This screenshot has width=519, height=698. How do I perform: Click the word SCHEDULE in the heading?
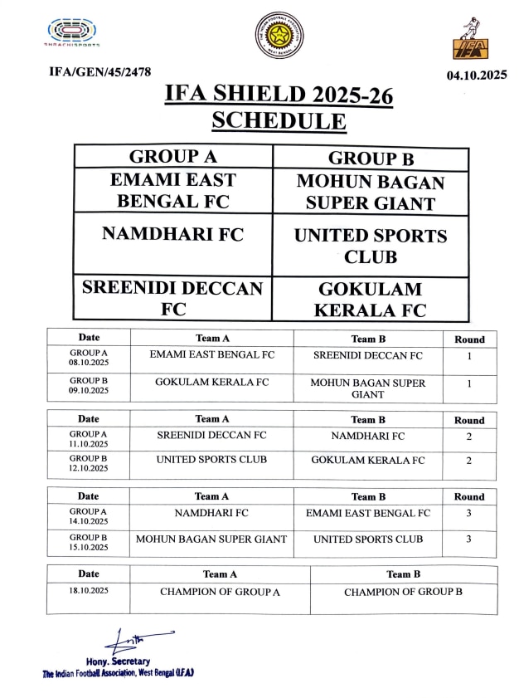coord(279,120)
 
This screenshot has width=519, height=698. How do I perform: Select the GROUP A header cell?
coord(173,157)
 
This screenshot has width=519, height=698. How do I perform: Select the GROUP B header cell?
coord(371,159)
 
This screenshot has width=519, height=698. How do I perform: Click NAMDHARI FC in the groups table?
coord(173,234)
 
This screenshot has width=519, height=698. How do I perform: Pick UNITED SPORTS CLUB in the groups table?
coord(371,246)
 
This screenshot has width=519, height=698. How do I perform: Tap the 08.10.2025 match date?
coord(89,363)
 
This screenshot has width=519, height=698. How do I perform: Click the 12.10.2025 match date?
coord(89,468)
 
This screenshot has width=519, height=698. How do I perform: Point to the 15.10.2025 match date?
coord(89,548)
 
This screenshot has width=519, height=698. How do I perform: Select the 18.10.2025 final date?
coord(89,590)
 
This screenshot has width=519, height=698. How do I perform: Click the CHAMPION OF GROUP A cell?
coord(220,592)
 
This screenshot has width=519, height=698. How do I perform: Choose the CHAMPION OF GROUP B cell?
coord(403,592)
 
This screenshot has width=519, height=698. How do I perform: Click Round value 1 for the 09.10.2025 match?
coord(469,384)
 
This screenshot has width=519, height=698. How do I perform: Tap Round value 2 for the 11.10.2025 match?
coord(469,436)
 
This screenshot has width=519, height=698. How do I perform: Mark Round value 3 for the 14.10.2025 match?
coord(469,514)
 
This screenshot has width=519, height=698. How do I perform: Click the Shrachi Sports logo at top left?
coord(74,33)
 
